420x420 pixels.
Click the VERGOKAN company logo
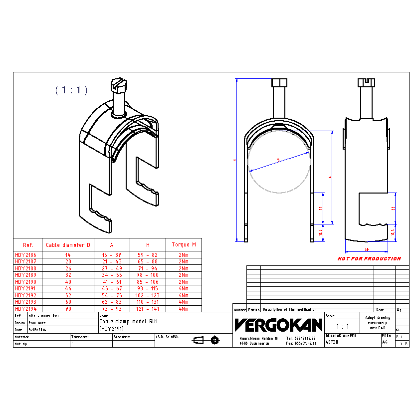(x=278, y=325)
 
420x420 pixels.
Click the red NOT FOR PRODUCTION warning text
(x=369, y=258)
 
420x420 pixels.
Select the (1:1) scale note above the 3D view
(x=71, y=90)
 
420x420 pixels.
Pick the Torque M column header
(x=184, y=245)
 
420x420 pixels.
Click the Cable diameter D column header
(x=68, y=245)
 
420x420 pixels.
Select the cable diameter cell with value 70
(x=68, y=309)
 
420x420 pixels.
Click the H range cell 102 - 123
(x=148, y=295)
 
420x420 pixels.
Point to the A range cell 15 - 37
(x=112, y=254)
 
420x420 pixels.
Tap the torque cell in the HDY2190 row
(x=184, y=282)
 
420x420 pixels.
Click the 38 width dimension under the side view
(x=366, y=249)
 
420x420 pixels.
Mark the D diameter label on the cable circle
(x=278, y=160)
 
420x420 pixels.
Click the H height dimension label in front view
(x=235, y=161)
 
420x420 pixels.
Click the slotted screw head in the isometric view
(x=118, y=83)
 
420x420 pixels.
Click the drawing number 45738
(x=332, y=343)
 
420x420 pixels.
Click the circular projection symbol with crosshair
(x=215, y=340)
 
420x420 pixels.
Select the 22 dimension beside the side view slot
(x=393, y=208)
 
